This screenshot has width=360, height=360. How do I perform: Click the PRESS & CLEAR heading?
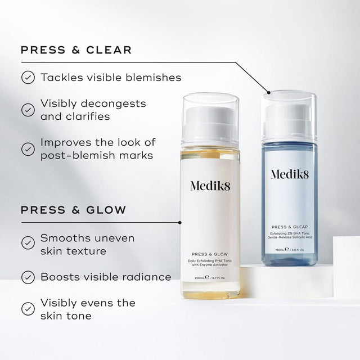[76, 50]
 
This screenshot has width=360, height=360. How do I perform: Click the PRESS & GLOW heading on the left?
[73, 210]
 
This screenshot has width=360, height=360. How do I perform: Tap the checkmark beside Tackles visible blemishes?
[27, 77]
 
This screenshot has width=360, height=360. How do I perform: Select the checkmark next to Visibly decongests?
[27, 110]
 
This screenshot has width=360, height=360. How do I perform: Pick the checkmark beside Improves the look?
[27, 148]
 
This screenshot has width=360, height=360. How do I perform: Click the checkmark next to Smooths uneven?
[27, 243]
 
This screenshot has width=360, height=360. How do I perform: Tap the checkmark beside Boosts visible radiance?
[27, 277]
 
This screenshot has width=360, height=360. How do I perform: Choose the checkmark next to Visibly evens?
[27, 309]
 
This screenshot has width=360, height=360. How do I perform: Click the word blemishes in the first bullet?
[154, 77]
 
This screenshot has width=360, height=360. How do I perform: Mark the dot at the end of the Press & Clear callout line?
[269, 92]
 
